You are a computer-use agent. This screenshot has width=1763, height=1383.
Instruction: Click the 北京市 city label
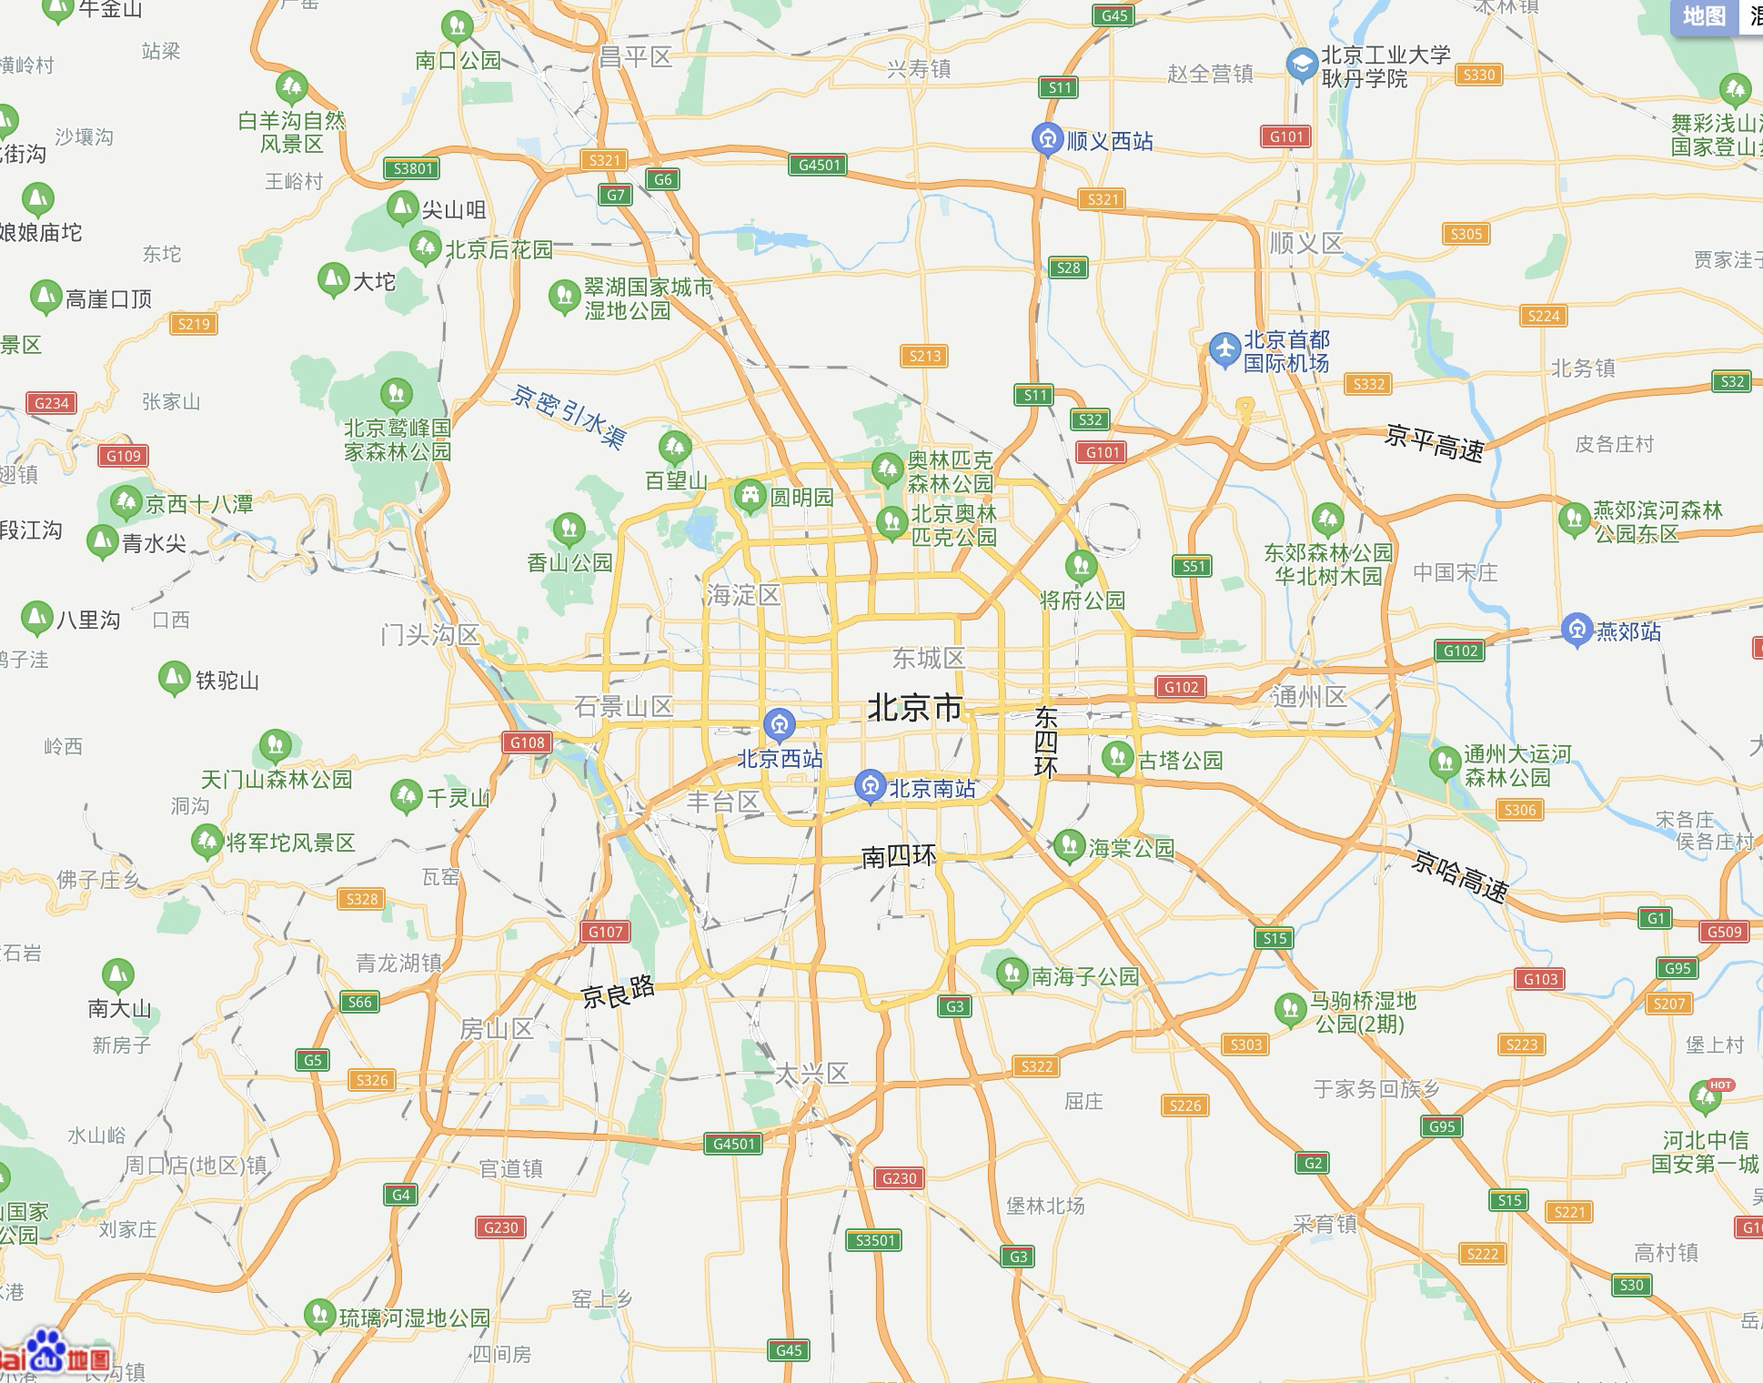pyautogui.click(x=914, y=707)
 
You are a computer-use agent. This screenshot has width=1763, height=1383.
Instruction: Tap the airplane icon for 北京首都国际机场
pyautogui.click(x=1225, y=349)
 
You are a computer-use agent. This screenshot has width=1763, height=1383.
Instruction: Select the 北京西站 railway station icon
pyautogui.click(x=780, y=725)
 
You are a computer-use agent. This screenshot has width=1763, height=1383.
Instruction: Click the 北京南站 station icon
pyautogui.click(x=870, y=787)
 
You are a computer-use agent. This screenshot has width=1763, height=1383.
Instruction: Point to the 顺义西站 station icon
pyautogui.click(x=1048, y=139)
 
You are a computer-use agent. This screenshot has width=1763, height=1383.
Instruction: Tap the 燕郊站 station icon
pyautogui.click(x=1577, y=630)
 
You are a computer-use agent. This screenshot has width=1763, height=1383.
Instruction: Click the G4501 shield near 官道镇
pyautogui.click(x=733, y=1144)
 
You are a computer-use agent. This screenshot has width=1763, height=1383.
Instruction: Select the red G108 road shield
pyautogui.click(x=528, y=742)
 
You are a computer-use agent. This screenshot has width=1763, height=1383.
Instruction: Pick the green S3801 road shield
pyautogui.click(x=412, y=168)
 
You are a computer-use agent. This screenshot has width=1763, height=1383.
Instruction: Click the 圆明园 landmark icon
pyautogui.click(x=751, y=496)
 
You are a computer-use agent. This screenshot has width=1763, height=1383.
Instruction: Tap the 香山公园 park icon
pyautogui.click(x=569, y=529)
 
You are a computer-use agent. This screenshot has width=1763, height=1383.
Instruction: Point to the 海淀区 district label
pyautogui.click(x=743, y=596)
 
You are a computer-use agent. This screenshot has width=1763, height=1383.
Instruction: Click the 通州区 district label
pyautogui.click(x=1309, y=697)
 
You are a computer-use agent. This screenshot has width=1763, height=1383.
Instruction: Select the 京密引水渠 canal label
pyautogui.click(x=569, y=418)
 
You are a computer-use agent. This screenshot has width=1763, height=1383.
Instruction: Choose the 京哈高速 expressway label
pyautogui.click(x=1459, y=875)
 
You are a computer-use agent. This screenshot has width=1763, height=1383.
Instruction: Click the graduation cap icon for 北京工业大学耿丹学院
pyautogui.click(x=1303, y=65)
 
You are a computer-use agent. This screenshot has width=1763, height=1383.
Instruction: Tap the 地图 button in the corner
pyautogui.click(x=1703, y=16)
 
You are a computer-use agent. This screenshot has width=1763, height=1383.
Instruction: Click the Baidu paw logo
pyautogui.click(x=45, y=1351)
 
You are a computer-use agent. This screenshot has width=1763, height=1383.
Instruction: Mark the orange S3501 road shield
pyautogui.click(x=874, y=1240)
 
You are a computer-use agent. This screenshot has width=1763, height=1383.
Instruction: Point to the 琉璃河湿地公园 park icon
pyautogui.click(x=319, y=1315)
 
